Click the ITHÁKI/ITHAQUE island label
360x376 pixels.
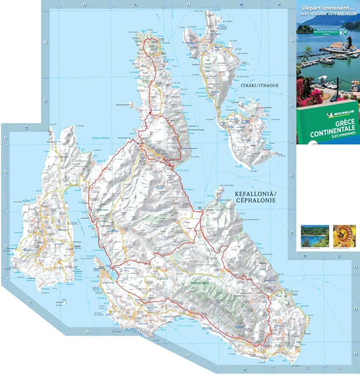260,85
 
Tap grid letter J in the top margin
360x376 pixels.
85,5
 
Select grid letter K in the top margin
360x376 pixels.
136,5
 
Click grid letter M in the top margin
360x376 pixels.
240,5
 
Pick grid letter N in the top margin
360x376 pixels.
279,5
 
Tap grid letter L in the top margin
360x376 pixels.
188,5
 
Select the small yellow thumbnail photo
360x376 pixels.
344,236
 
